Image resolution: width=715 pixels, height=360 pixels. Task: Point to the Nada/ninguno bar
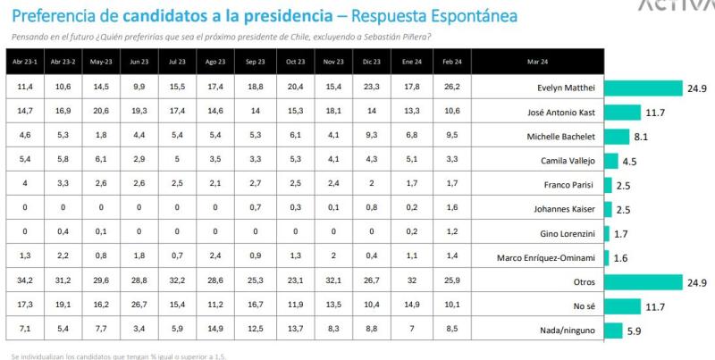coord(613,331)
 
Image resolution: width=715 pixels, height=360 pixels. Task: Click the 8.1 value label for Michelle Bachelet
coord(642,137)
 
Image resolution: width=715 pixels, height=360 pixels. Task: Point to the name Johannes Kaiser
coord(560,209)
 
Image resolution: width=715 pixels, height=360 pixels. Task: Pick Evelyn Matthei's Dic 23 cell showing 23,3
coord(369,88)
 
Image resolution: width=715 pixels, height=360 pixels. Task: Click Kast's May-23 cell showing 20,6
coord(102,112)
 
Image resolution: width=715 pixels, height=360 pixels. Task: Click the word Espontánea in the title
coord(465,17)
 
